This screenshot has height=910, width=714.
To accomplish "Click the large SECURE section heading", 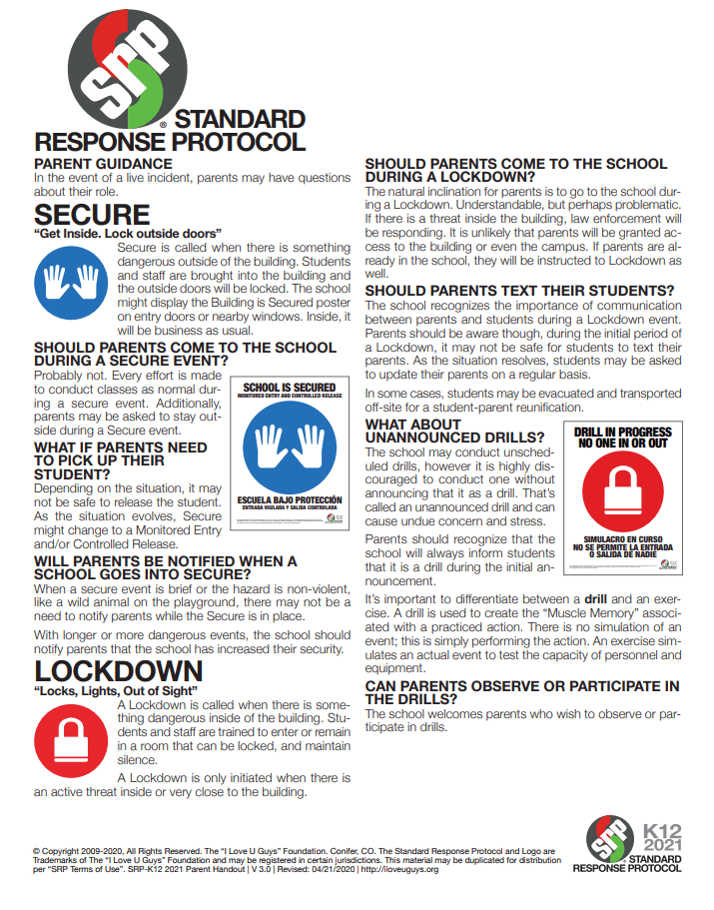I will [92, 215].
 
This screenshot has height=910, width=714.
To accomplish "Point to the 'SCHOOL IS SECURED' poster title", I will [290, 387].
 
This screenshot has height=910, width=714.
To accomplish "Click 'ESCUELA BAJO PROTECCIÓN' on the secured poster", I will [290, 499].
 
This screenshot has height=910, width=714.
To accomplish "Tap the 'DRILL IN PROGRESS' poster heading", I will [623, 437].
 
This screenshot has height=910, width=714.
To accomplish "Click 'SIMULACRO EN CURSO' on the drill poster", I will [623, 537].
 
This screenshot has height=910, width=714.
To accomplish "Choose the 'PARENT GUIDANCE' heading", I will [104, 164].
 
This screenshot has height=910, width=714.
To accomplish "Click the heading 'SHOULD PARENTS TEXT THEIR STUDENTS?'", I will [520, 292].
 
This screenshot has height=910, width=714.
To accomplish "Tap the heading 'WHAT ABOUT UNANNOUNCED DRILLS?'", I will [454, 432].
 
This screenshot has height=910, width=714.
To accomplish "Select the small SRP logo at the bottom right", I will [608, 840].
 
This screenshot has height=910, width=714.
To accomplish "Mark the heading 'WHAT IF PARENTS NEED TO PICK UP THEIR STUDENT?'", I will [121, 460].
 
